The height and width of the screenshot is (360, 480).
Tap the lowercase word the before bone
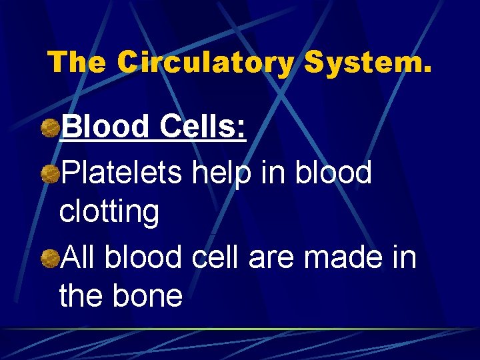pyautogui.click(x=79, y=296)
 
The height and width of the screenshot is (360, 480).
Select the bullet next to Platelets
pyautogui.click(x=48, y=175)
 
